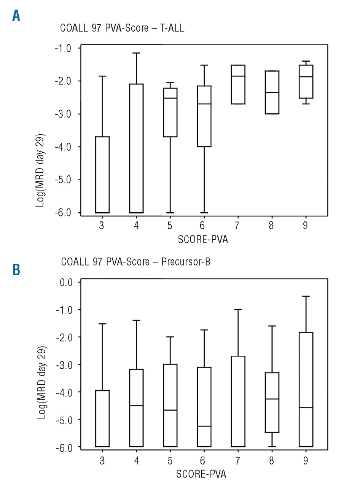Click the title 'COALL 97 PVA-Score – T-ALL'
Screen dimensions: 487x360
[122, 29]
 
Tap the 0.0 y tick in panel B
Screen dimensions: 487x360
[67, 282]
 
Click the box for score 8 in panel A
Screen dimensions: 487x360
[271, 92]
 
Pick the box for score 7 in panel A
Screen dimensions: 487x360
[237, 84]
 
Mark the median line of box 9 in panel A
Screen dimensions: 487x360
[306, 77]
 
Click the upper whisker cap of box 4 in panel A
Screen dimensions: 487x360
[136, 53]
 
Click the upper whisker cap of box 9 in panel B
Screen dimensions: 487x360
[306, 296]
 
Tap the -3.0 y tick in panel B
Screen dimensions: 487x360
[67, 364]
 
